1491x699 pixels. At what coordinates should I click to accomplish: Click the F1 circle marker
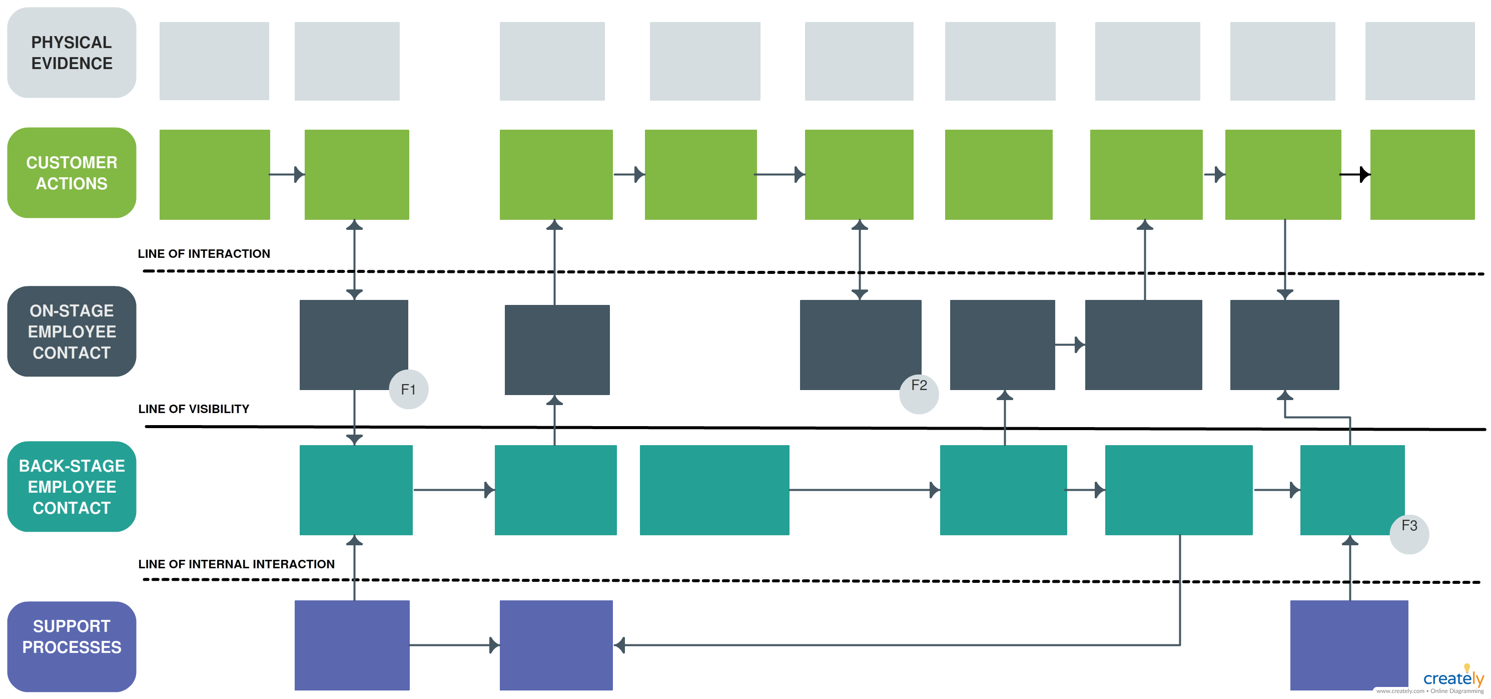pos(408,389)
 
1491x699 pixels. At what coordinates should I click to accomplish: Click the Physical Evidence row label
pos(71,53)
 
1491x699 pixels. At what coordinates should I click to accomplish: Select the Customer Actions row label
pos(71,173)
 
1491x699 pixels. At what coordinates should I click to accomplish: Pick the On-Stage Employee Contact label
pos(71,331)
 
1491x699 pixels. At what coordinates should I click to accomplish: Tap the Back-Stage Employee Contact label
pos(71,487)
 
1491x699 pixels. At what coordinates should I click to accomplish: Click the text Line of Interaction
pos(204,254)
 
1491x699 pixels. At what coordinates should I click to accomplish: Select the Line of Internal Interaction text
pos(236,564)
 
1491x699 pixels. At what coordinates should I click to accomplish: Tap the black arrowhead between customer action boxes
pos(1364,174)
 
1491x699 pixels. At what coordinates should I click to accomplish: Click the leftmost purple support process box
pos(352,644)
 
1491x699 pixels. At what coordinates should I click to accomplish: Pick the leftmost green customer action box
pos(214,174)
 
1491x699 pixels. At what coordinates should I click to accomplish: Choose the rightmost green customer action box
pos(1422,174)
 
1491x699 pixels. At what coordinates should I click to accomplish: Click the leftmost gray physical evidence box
pos(214,61)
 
